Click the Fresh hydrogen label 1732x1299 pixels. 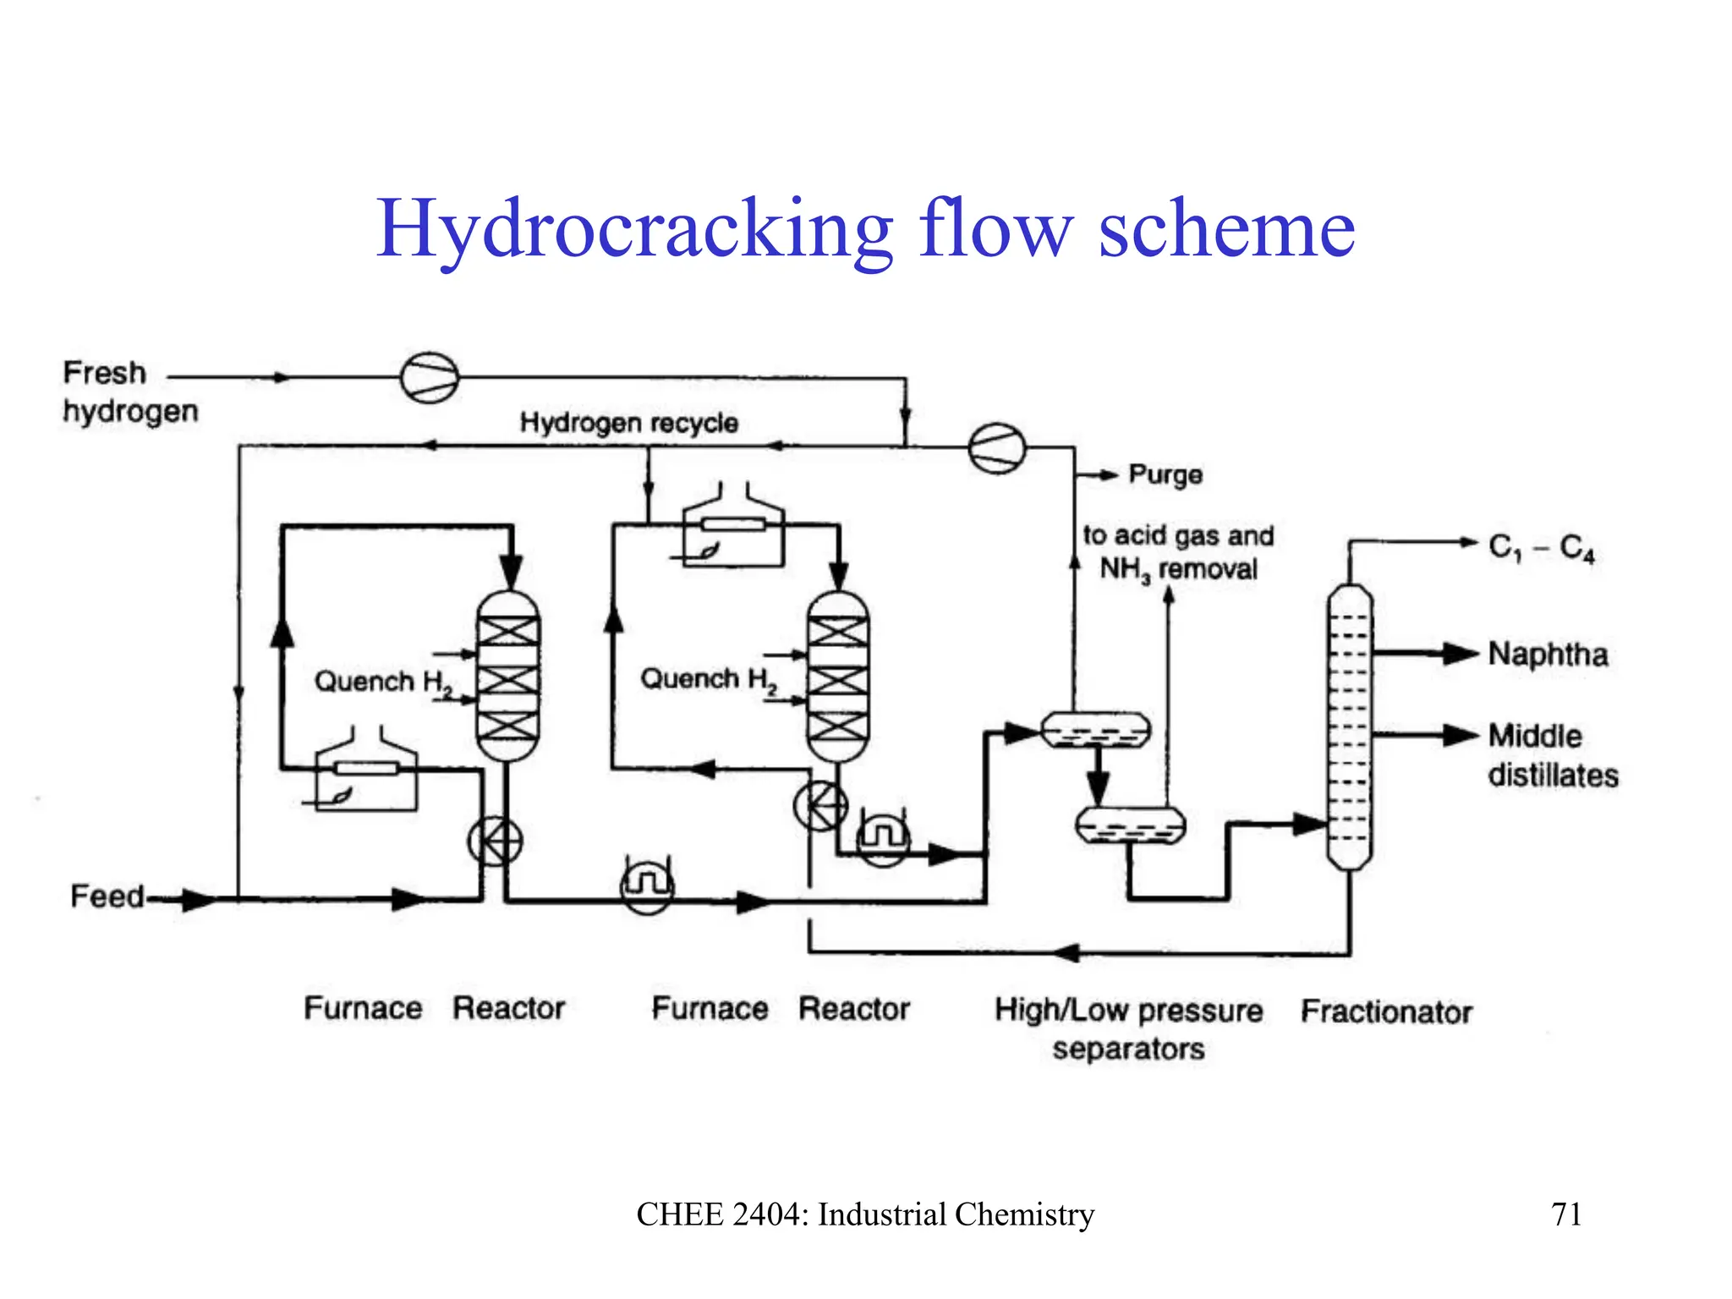[x=129, y=392]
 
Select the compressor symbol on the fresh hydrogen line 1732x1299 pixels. [x=430, y=377]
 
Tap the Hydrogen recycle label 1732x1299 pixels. [x=628, y=422]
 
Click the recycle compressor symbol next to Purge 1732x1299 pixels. [x=996, y=447]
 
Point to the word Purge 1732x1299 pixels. [x=1165, y=474]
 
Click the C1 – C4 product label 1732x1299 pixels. [x=1541, y=548]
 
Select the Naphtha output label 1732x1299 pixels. [x=1548, y=655]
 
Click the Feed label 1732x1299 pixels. [x=107, y=896]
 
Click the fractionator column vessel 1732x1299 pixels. [x=1349, y=727]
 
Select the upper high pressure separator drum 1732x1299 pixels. [x=1095, y=730]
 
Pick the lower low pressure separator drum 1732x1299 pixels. [x=1130, y=825]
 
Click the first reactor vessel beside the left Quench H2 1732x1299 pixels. [x=507, y=677]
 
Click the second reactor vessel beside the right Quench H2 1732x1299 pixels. [x=837, y=677]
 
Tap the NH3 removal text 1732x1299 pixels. [x=1178, y=569]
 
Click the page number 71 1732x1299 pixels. [x=1566, y=1214]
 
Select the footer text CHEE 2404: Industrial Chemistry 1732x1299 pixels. [x=865, y=1214]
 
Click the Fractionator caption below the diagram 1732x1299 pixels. [x=1386, y=1011]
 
